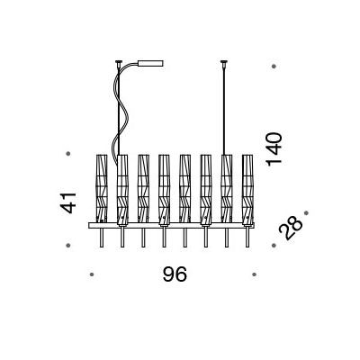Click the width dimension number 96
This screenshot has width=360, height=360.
point(175,274)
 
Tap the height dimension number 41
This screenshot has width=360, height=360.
point(68,203)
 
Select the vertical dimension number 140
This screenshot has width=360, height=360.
point(274,149)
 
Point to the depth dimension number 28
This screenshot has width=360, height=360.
point(291,228)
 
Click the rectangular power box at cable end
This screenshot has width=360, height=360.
point(150,63)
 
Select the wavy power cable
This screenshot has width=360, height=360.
point(121,114)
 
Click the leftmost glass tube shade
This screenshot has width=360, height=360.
point(102,188)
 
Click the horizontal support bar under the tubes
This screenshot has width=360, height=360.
point(171,225)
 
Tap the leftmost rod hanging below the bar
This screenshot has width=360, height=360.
point(102,238)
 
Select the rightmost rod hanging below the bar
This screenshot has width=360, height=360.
point(247,238)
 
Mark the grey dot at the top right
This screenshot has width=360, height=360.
point(274,67)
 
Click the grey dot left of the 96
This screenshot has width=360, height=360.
point(92,274)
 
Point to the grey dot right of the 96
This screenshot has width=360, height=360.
point(254,274)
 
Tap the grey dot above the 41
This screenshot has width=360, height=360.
point(68,154)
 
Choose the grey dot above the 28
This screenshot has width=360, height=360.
point(306,213)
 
